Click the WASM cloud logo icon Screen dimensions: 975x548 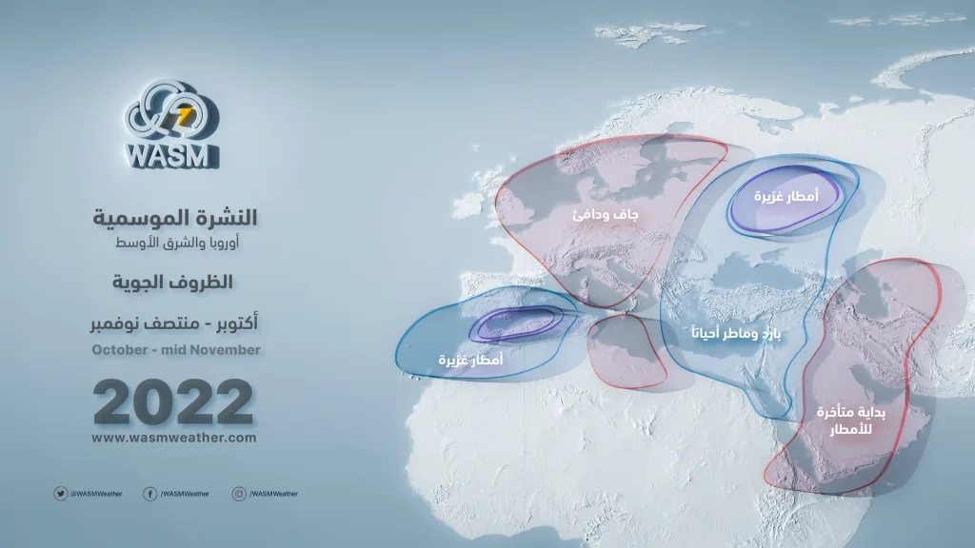pos(171,112)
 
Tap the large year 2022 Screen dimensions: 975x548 pos(173,401)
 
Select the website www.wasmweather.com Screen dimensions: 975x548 pos(174,438)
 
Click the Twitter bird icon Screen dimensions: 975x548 pos(60,494)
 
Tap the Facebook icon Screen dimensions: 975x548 pos(149,494)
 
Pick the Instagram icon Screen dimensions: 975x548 pos(239,494)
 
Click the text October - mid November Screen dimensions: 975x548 pos(176,350)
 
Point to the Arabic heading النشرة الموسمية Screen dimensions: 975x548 pos(175,218)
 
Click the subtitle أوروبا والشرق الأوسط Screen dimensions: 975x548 pos(177,243)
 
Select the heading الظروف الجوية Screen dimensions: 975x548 pos(172,282)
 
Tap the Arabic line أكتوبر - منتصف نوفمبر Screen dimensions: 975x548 pos(174,323)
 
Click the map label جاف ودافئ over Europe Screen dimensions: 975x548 pos(605,215)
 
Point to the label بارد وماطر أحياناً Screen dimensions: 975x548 pos(736,334)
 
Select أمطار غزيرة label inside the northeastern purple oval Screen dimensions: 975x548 pos(786,196)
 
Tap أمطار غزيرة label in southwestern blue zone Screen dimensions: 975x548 pos(470,360)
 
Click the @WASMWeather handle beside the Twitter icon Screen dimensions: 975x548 pos(96,494)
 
